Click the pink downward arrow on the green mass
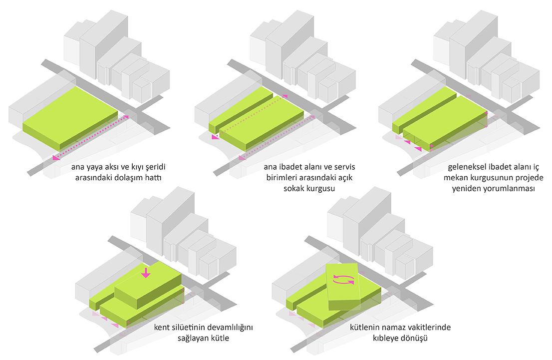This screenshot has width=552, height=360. pos(146,273)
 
